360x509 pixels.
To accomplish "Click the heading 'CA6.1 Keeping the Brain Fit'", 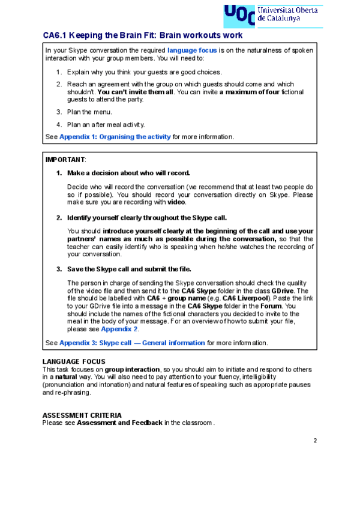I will pos(143,35).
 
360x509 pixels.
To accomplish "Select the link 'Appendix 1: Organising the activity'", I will pos(115,137).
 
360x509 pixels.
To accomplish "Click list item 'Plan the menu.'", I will pos(89,112).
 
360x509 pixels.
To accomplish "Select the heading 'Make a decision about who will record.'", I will pos(128,173).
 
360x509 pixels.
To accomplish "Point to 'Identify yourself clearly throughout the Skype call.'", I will pos(146,217).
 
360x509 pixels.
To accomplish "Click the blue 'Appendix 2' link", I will pos(119,329).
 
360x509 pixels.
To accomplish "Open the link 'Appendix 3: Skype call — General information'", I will pos(132,343).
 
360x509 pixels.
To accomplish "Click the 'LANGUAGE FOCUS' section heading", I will pos(74,361).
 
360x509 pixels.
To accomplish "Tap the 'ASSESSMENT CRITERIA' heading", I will pos(82,415).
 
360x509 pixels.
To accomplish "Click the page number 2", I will pos(314,441).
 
